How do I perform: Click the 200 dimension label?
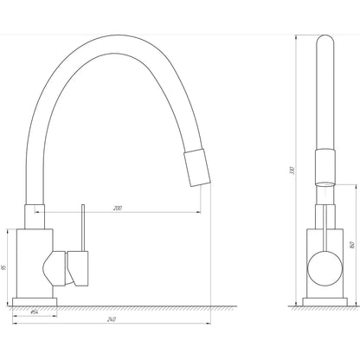coord(116,209)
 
